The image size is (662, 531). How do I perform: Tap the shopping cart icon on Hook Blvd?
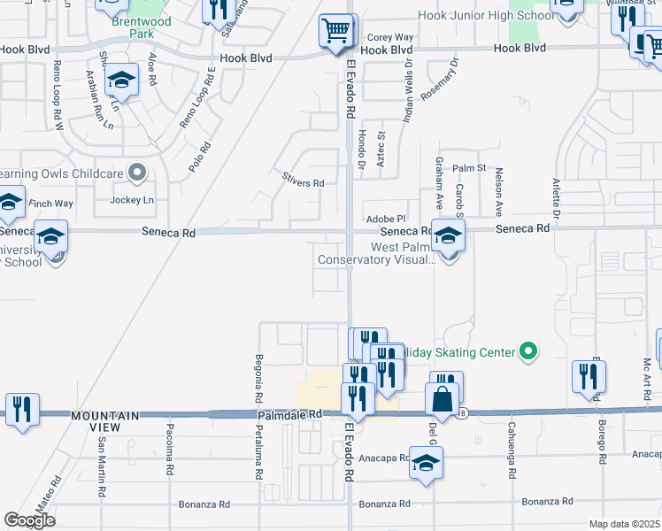point(335,31)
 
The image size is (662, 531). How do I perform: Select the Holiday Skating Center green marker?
point(528,352)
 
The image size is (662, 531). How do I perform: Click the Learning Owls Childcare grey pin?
point(136,173)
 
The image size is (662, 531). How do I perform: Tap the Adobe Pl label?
point(385,219)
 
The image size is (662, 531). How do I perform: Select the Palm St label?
point(469,167)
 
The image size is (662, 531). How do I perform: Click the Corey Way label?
point(390,37)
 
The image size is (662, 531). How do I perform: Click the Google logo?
point(30,520)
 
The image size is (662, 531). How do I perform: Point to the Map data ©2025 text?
point(624,524)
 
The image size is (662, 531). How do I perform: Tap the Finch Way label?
point(51,204)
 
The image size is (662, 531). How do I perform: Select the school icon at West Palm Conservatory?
point(449,236)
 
